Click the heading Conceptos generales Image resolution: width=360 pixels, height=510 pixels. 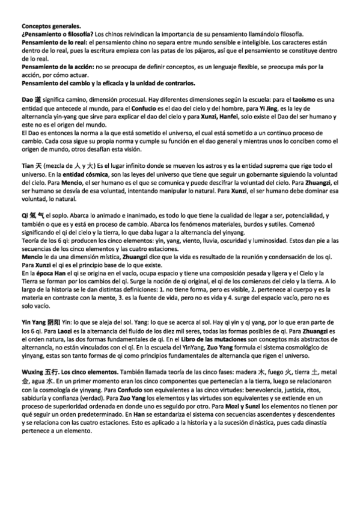pos(50,27)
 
